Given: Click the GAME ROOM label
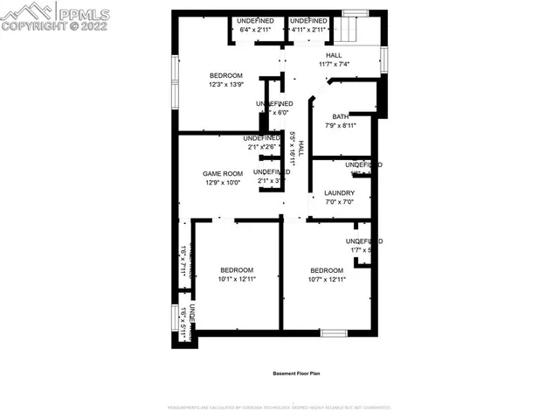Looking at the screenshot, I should click(222, 174).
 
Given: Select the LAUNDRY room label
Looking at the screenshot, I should click(339, 193).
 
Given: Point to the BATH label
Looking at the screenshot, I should click(341, 116).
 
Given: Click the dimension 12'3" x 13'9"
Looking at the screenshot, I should click(225, 85).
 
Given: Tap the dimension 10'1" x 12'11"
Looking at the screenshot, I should click(236, 279).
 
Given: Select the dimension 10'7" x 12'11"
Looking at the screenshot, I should click(327, 279).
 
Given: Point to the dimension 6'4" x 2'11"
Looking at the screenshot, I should click(256, 30).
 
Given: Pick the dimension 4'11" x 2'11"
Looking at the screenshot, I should click(307, 30).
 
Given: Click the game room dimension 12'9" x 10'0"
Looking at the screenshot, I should click(222, 183).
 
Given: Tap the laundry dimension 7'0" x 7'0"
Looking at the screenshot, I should click(339, 202).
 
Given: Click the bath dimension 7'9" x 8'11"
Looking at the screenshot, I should click(341, 125).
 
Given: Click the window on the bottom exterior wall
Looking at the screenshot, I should click(334, 332).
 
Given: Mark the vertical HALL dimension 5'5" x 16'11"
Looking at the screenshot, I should click(293, 149).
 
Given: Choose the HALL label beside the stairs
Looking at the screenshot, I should click(334, 55).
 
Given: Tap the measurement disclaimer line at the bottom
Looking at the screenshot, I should click(279, 408).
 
